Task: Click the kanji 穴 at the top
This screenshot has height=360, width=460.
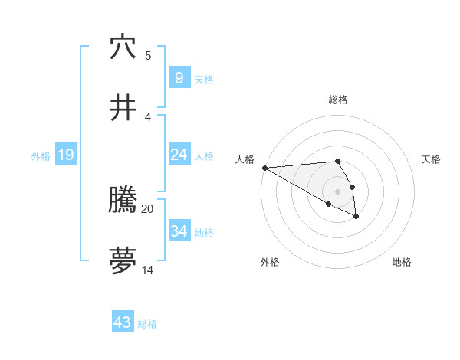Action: pos(123,47)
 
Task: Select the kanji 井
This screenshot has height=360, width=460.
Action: pos(123,108)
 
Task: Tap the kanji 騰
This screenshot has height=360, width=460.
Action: pos(123,201)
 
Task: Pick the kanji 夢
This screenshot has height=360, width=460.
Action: pos(123,260)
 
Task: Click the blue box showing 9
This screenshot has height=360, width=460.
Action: pos(179,77)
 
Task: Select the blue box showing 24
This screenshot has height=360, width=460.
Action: pos(179,155)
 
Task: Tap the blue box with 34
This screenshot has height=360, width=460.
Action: pos(179,231)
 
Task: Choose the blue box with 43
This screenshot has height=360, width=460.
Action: pos(123,322)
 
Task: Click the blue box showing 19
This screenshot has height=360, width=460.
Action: pos(65,155)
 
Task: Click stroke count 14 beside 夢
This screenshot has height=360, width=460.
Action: pos(148,270)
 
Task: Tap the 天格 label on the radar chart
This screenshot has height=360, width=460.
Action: pos(431,159)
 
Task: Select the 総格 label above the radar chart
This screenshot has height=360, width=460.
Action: pos(337,100)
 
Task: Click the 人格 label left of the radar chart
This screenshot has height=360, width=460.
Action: pos(245,159)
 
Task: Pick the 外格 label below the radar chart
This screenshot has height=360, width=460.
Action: pos(270,263)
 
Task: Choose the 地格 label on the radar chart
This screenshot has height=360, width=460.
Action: pos(402,263)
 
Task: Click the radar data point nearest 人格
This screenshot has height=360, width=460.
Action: pos(264,168)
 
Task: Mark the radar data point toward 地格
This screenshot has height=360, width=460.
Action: pos(356,217)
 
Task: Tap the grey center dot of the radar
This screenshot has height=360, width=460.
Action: pos(337,191)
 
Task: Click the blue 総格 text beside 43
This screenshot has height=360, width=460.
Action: pos(147,324)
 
